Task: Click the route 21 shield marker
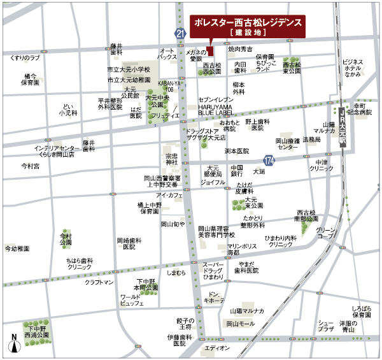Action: coord(181,33)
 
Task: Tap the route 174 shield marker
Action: coord(270,161)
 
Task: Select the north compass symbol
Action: coord(14,345)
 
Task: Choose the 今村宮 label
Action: coord(29,166)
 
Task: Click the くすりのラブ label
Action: coord(25,58)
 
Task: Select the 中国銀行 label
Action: coord(237,170)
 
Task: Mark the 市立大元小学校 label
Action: coord(128,69)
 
